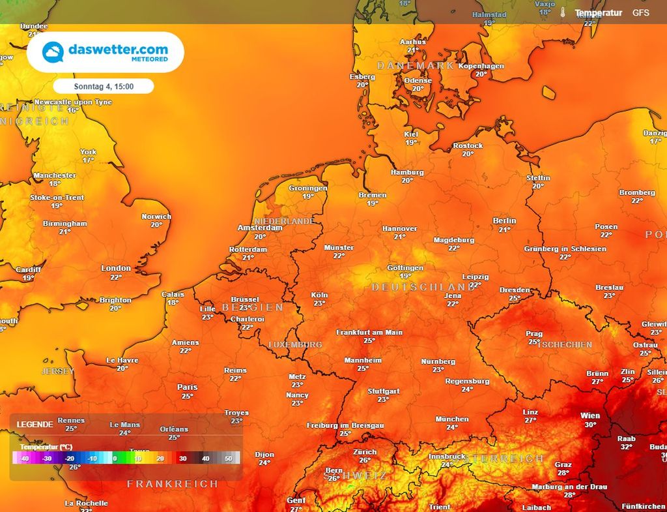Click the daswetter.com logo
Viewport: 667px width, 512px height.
pos(105,52)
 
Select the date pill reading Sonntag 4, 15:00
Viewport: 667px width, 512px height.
pos(104,86)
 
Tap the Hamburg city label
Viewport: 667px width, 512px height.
pos(407,172)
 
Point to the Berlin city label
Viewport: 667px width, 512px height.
pos(504,221)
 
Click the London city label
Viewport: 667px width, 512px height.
pos(116,268)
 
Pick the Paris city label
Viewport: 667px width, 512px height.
pos(187,387)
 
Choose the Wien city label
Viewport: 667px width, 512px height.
pos(590,415)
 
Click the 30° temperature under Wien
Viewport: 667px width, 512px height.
pos(590,425)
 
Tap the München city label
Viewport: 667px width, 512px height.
pos(452,419)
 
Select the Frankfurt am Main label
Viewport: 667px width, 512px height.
pos(369,332)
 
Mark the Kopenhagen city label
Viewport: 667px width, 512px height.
pos(481,66)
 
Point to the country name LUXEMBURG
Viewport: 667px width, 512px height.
pos(295,344)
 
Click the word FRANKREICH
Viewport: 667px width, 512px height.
pos(172,484)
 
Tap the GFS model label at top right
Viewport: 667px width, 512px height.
pos(641,13)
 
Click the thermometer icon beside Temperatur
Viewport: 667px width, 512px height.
pos(562,13)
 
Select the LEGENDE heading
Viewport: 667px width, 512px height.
pos(35,424)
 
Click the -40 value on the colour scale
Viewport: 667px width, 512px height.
pos(24,459)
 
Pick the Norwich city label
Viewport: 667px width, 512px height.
pos(156,217)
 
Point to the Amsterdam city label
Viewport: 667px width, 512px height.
pos(260,228)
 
